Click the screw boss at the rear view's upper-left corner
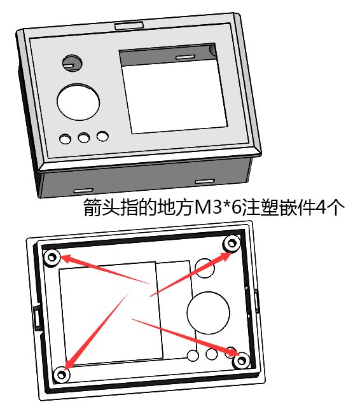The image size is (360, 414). pos(52,257)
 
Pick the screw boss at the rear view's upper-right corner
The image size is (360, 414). pos(232,243)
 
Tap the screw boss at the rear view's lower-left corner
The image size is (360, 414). pos(62,375)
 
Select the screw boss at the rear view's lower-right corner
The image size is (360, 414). pos(242,361)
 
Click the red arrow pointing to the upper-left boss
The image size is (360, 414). pos(106,269)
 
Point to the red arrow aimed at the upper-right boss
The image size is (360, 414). pos(191,274)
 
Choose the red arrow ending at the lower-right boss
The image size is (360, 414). pos(184,337)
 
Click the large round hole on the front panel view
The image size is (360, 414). pos(78,102)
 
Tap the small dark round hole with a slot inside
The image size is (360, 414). pos(72,64)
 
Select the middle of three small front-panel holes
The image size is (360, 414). pos(84,137)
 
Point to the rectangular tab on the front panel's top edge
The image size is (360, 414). pos(129,25)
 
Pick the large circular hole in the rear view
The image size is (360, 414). pos(208,313)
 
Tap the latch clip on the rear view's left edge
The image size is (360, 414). pos(38,317)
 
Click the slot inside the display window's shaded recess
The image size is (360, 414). pos(186,57)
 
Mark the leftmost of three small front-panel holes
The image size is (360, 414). pos(65,139)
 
